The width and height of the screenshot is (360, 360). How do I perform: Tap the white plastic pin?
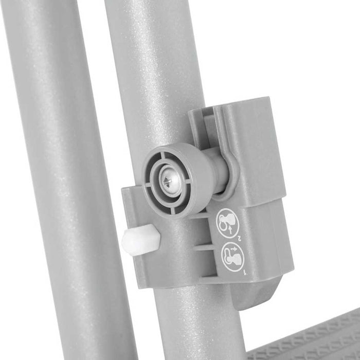(x=140, y=239)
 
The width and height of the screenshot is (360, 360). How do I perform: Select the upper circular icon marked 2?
(x=227, y=223)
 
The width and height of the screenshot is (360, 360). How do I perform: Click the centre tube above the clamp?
(x=149, y=77)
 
